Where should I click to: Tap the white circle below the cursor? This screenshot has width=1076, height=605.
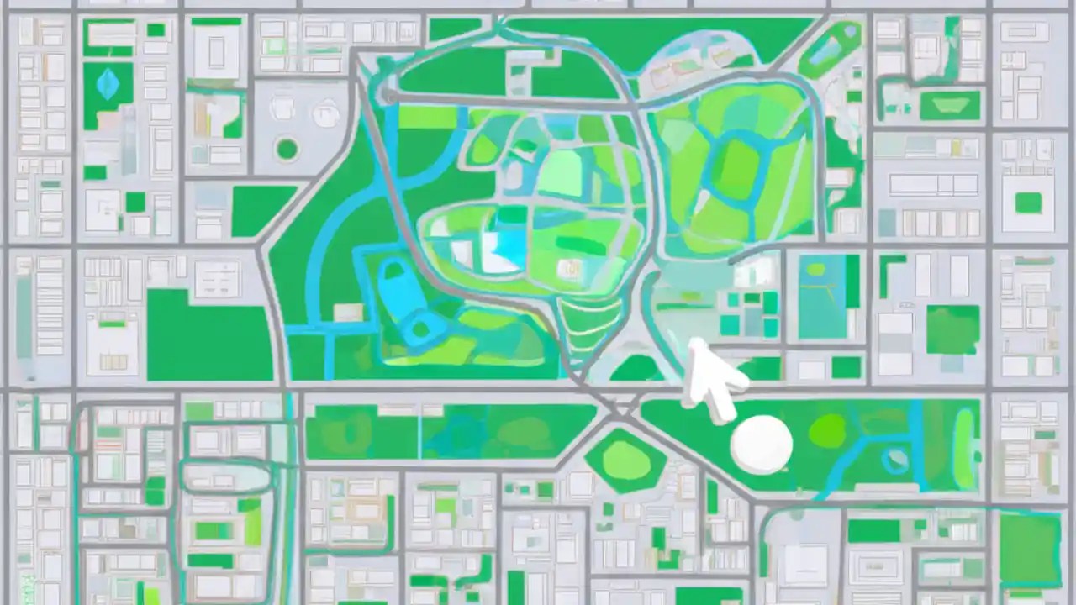click(x=762, y=443)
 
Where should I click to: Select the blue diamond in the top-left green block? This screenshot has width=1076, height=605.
click(x=108, y=82)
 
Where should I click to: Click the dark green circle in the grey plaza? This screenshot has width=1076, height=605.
click(x=287, y=150)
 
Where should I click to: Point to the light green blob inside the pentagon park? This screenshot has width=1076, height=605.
click(x=626, y=459)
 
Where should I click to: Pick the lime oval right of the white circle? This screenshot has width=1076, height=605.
click(x=828, y=430)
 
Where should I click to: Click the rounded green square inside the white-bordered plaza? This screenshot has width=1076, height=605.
click(x=1028, y=203)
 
